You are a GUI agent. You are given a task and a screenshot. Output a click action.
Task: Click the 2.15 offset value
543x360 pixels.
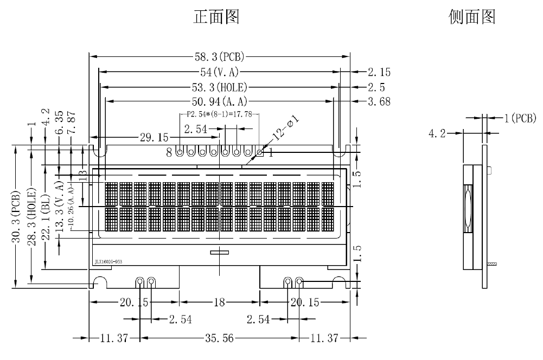[x=379, y=72]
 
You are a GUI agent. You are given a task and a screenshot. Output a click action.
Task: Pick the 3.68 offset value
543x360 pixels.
[x=379, y=101]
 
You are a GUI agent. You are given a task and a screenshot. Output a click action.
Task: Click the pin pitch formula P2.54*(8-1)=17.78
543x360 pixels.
[x=219, y=114]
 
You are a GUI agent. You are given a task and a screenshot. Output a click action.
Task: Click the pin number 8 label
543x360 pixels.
[x=169, y=153]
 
